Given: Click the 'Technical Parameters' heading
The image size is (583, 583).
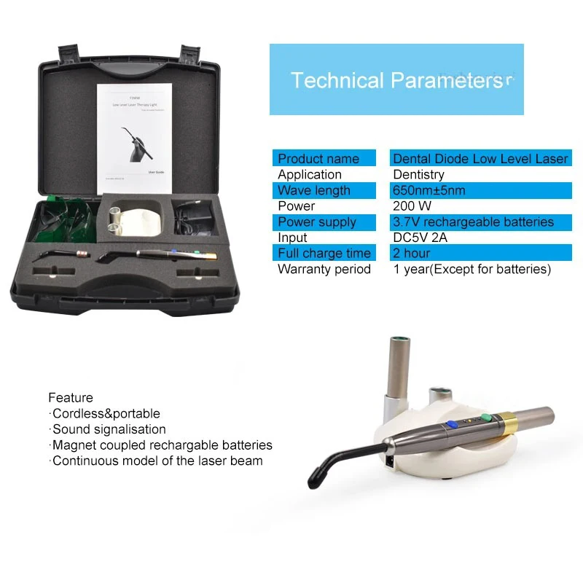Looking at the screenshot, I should point(396,80).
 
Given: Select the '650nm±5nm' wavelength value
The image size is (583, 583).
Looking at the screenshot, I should point(429,191).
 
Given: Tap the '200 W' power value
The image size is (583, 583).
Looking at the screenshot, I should point(412,206).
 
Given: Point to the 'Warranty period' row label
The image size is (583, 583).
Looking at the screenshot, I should point(324,270).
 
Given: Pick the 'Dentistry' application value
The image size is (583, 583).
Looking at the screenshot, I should point(418,175).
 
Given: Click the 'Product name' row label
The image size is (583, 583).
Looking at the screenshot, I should point(318,159).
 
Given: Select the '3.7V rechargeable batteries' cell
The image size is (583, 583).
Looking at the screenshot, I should point(473,222).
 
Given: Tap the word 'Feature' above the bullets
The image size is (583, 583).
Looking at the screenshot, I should point(71,398).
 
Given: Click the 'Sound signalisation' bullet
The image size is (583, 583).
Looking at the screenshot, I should point(109,429).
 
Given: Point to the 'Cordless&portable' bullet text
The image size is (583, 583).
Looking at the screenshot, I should point(106,414).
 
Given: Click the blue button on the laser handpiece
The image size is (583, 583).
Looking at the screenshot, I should point(452,423).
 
